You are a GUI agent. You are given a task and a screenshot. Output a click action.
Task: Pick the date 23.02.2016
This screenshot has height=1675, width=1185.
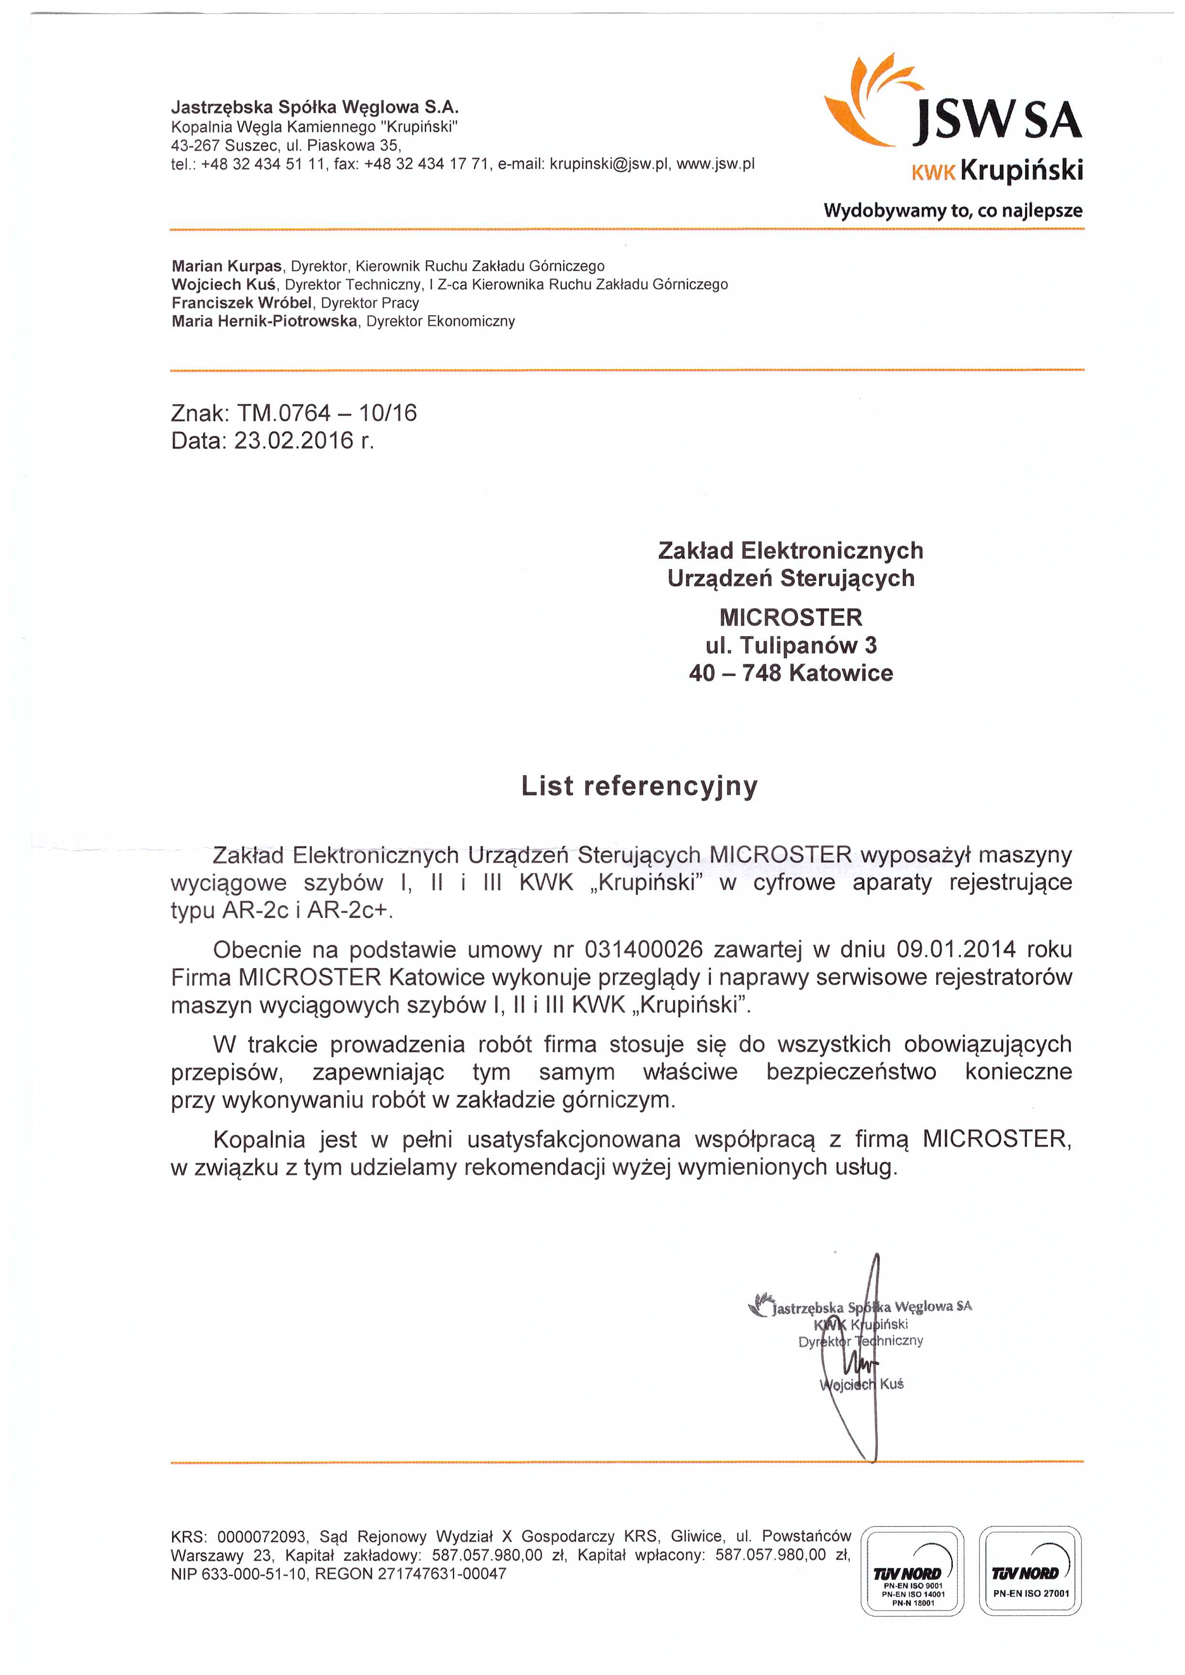tap(293, 441)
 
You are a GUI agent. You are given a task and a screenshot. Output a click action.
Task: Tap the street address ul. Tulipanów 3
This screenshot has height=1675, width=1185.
tap(790, 645)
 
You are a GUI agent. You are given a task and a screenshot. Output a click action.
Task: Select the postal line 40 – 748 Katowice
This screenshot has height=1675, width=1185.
tap(790, 672)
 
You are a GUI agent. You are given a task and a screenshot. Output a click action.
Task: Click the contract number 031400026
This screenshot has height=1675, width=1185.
tap(643, 950)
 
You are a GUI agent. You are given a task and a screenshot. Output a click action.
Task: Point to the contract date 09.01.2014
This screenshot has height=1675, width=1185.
tap(956, 950)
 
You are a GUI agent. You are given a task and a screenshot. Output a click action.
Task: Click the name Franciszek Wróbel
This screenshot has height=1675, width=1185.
tap(242, 303)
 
